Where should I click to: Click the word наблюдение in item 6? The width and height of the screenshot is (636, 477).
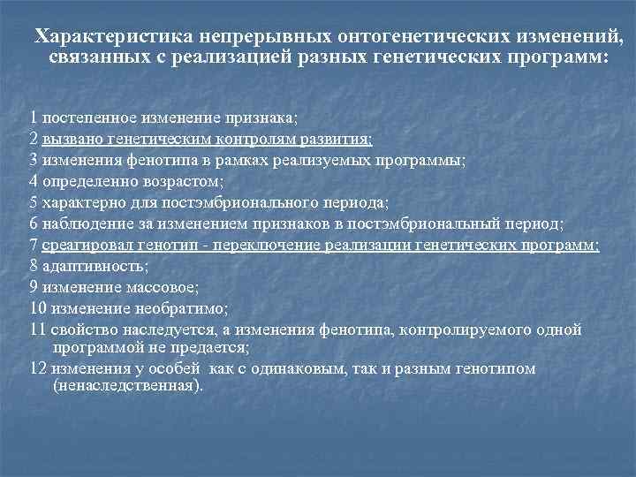point(81,224)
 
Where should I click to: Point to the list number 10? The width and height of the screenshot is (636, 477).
point(36,309)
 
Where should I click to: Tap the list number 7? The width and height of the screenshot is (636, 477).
point(33,246)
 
